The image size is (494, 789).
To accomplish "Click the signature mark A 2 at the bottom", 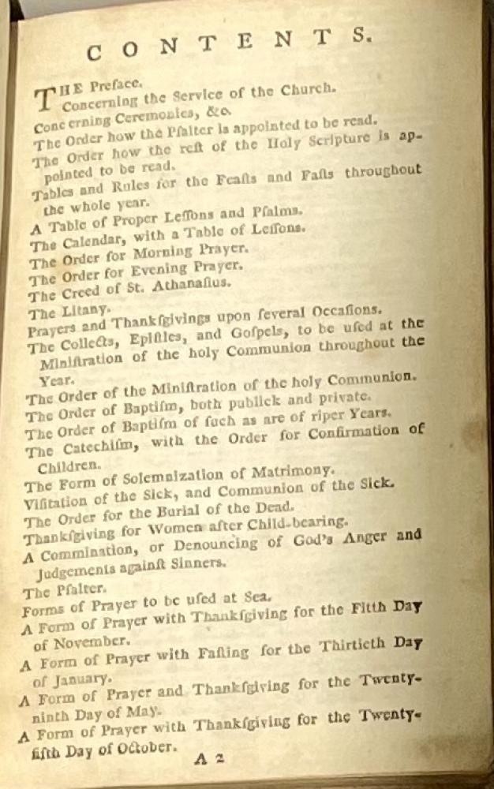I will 210,759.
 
